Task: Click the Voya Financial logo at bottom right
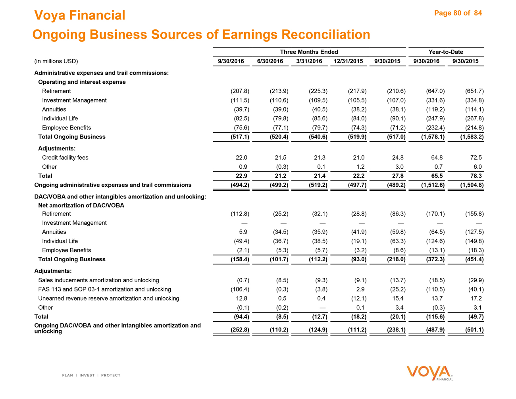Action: click(x=430, y=373)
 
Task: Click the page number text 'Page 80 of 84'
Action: click(x=458, y=13)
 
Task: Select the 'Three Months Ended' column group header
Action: click(x=309, y=52)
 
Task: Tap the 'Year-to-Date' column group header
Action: click(x=446, y=52)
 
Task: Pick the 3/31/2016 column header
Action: click(x=309, y=61)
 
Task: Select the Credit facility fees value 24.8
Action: click(x=399, y=158)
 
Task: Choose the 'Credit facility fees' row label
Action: click(x=65, y=158)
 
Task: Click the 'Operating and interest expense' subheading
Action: click(x=82, y=82)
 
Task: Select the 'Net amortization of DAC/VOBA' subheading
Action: click(x=81, y=205)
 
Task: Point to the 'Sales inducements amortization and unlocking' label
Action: click(x=98, y=280)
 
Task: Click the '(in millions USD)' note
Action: click(x=56, y=61)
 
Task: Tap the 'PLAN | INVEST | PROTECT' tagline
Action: click(x=91, y=375)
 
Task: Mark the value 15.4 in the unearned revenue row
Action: click(x=399, y=299)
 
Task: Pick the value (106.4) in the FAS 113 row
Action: click(x=240, y=289)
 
